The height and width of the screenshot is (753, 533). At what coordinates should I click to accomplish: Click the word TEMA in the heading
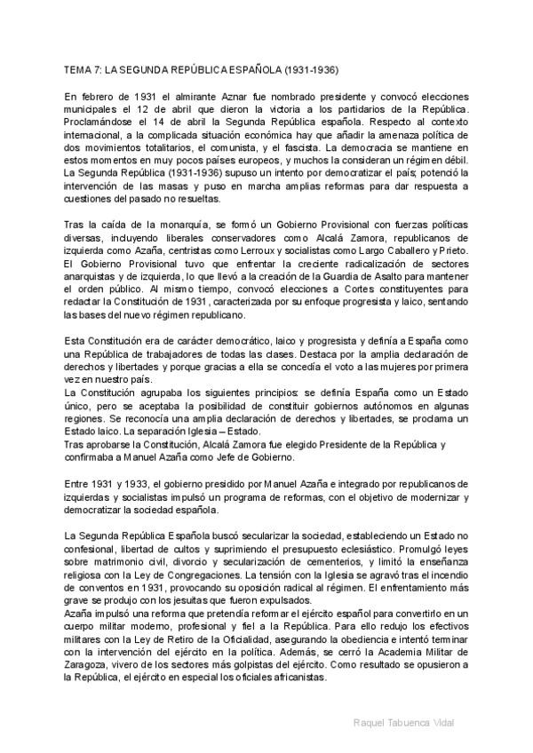pos(78,67)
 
